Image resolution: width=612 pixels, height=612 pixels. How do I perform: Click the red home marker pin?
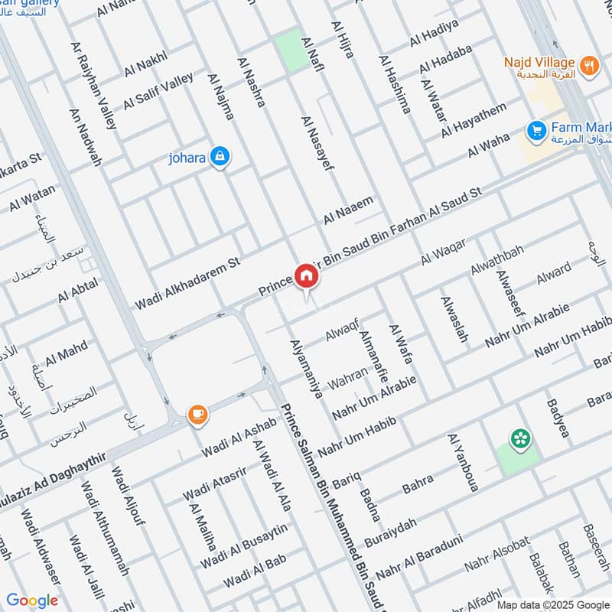(x=306, y=277)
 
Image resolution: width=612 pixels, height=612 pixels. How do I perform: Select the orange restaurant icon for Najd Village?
(x=588, y=65)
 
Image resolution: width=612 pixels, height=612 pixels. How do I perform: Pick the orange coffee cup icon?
(x=197, y=415)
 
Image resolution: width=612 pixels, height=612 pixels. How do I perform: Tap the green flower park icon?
(x=521, y=438)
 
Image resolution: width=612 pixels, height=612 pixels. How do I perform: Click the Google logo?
(x=32, y=601)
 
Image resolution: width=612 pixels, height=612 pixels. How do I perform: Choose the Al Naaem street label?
(x=347, y=210)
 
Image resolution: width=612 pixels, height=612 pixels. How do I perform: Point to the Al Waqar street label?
(x=443, y=253)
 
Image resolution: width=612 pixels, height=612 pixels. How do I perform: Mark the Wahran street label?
(x=347, y=377)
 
